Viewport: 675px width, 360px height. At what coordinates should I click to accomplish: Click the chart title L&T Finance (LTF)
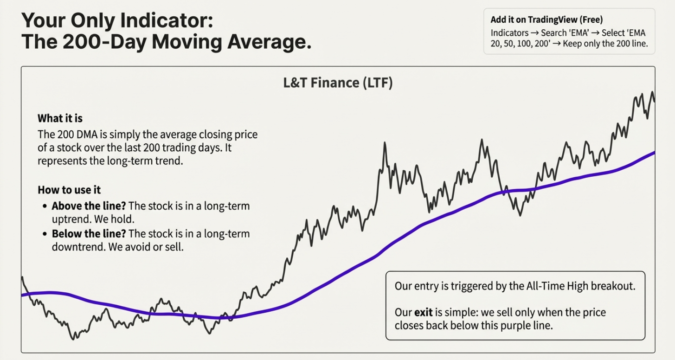coord(338,83)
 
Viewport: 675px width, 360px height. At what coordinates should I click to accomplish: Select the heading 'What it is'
coord(60,118)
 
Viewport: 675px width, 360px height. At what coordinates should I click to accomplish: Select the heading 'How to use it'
coord(69,190)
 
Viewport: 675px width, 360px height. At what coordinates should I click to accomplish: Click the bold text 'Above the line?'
coord(88,206)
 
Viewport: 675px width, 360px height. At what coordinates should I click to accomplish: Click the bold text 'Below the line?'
coord(89,233)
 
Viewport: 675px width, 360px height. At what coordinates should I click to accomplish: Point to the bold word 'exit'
coord(423,312)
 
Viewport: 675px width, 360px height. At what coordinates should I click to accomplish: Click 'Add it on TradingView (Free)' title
coord(546,19)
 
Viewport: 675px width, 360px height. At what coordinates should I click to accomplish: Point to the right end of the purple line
coord(654,152)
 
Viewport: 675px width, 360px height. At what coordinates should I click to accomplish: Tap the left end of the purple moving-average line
coord(23,295)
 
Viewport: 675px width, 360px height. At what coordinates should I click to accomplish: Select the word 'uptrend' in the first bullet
coord(70,219)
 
